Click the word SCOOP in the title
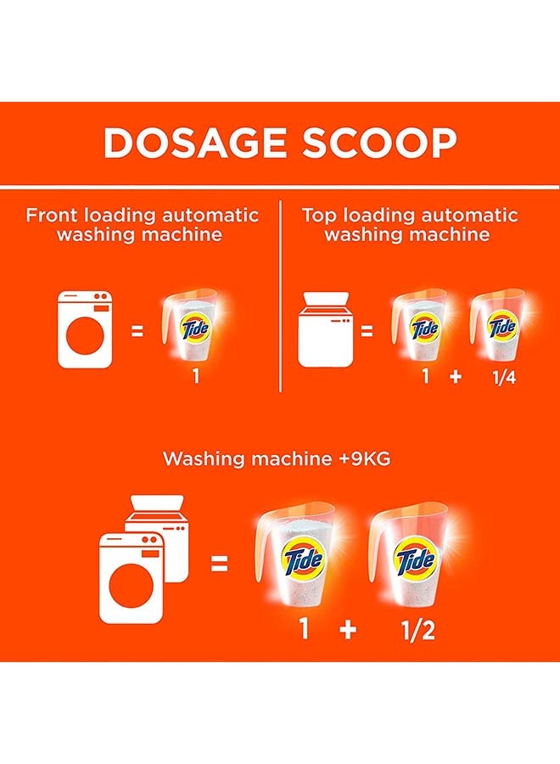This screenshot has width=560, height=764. coord(381,143)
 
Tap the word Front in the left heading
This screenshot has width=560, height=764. coord(52,215)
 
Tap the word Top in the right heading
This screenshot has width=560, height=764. coord(319,215)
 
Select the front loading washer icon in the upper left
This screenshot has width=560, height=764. coord(85,329)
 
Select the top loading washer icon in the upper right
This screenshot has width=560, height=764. coord(326,329)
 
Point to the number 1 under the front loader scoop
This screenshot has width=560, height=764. coord(196,376)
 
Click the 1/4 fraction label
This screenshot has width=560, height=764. coord(504,377)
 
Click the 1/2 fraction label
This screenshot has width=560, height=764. coord(418,630)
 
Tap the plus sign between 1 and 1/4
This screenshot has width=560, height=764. coord(456,377)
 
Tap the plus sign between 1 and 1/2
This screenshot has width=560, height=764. coord(348,630)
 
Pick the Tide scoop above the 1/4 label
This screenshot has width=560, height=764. coord(498,325)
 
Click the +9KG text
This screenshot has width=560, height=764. coord(364,458)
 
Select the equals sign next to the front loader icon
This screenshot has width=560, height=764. coord(137,331)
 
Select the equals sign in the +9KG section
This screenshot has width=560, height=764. coord(219,565)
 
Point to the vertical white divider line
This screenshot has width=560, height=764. coord(281,295)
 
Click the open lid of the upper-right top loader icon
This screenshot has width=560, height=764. coord(326,299)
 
